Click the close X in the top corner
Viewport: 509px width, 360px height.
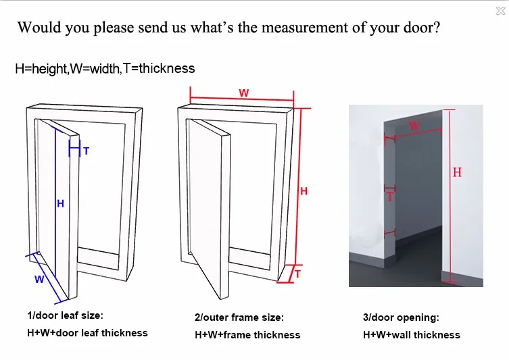tap(500, 11)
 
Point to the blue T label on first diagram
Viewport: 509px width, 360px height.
tap(86, 151)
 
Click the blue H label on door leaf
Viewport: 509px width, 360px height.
tap(60, 203)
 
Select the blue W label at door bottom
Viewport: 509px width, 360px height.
tap(39, 279)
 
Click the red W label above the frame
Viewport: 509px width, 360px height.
tap(243, 93)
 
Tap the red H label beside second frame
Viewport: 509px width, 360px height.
tap(304, 191)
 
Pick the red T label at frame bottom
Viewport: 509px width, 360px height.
tap(297, 274)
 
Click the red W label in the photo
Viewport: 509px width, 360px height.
tap(414, 126)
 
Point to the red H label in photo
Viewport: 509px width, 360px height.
tap(457, 173)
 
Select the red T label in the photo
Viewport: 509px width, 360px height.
tap(389, 197)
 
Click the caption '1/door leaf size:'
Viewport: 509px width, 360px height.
tap(65, 315)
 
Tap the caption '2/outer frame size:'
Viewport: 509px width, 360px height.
tap(239, 317)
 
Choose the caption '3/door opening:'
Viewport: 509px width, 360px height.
tap(401, 317)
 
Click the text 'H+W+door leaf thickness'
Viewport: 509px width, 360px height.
tap(87, 332)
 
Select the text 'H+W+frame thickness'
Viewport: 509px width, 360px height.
tap(247, 334)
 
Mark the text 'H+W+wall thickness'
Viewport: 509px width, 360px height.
tap(411, 334)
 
